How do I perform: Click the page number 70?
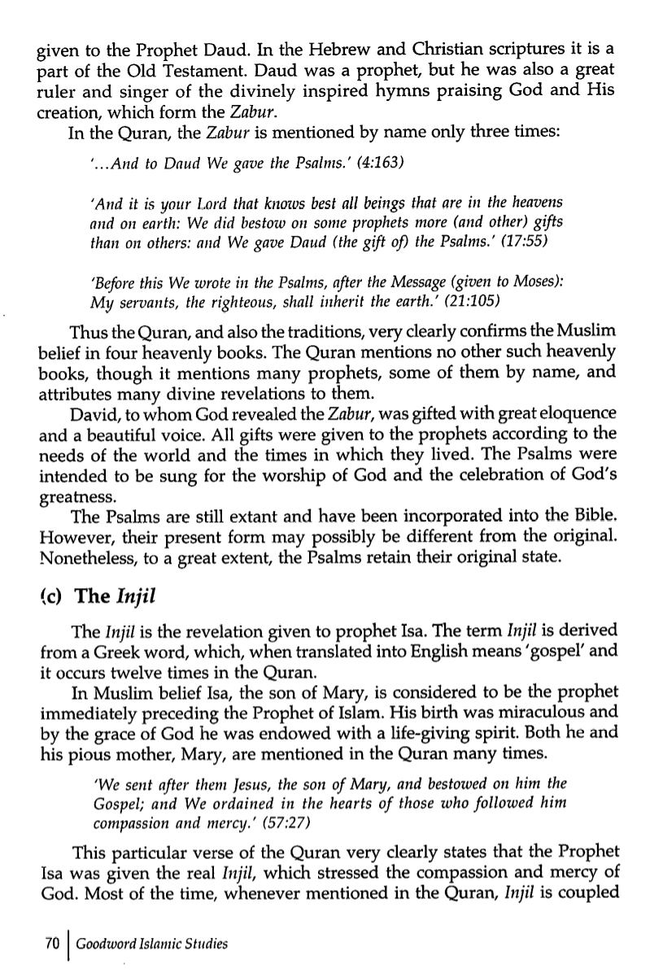click(52, 944)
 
